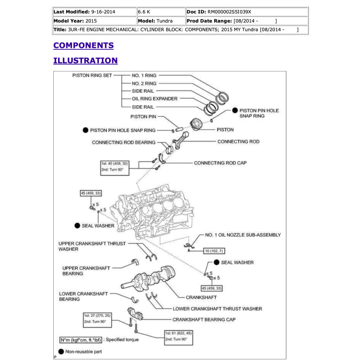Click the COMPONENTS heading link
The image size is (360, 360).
coord(83,45)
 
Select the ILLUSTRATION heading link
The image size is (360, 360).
coord(85,61)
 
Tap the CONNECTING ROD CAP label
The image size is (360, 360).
coord(221,163)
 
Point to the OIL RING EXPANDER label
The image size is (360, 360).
coord(155,99)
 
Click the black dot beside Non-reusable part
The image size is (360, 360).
coord(61,351)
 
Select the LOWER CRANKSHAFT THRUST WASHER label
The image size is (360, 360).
coord(217,309)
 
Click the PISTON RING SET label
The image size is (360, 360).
coord(92,75)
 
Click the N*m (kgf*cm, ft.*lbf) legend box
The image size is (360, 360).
coord(81,340)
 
